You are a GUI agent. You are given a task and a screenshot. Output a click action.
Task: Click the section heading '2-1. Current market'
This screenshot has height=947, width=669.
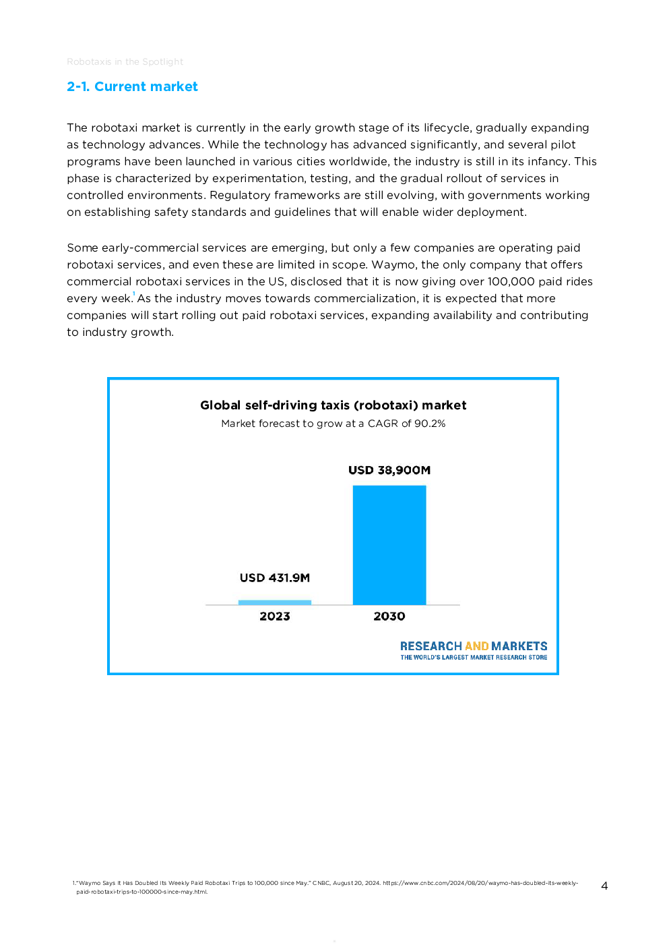pyautogui.click(x=132, y=86)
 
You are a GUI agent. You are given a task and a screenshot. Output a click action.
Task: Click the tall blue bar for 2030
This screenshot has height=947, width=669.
pyautogui.click(x=389, y=545)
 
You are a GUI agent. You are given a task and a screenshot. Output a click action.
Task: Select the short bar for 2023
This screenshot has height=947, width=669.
pyautogui.click(x=274, y=602)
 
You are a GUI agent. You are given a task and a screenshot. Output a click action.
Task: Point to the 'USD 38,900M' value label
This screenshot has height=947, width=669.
pyautogui.click(x=389, y=470)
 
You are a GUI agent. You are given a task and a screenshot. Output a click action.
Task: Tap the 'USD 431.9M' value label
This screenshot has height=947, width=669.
pyautogui.click(x=274, y=578)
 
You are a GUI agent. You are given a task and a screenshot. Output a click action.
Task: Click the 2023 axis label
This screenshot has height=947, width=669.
pyautogui.click(x=274, y=616)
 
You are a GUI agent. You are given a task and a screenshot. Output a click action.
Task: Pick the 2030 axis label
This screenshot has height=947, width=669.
pyautogui.click(x=389, y=616)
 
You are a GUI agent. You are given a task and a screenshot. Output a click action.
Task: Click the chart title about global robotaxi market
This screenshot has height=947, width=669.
pyautogui.click(x=333, y=405)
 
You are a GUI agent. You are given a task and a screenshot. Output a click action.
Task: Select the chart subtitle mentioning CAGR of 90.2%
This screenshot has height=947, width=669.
pyautogui.click(x=333, y=424)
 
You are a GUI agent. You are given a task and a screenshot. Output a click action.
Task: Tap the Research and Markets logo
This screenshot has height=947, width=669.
pyautogui.click(x=473, y=646)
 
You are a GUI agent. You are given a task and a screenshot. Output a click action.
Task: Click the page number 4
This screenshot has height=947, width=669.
pyautogui.click(x=604, y=886)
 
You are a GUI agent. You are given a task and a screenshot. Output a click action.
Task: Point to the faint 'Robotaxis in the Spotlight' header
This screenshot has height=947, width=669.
pyautogui.click(x=125, y=61)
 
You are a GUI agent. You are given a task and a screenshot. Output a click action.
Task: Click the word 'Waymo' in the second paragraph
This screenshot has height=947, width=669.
pyautogui.click(x=393, y=264)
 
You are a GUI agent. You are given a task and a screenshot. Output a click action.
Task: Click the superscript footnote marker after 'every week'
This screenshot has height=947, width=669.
pyautogui.click(x=134, y=294)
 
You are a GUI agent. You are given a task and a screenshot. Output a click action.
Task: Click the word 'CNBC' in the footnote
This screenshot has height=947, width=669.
pyautogui.click(x=321, y=883)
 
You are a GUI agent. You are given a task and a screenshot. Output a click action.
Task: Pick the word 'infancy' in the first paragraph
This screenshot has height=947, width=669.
pyautogui.click(x=548, y=161)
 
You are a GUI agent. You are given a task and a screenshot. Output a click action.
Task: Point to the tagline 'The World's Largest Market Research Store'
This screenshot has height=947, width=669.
pyautogui.click(x=473, y=658)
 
